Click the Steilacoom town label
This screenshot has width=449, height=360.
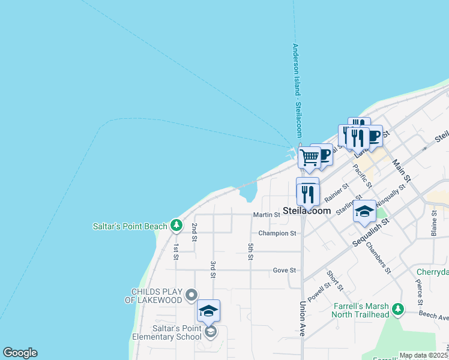point(307,211)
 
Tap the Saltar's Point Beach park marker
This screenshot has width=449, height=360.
point(176,226)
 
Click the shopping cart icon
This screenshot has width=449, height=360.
point(309,158)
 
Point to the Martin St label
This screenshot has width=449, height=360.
point(267,214)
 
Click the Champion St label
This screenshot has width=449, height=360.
point(277,233)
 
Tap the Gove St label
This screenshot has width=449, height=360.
point(285,270)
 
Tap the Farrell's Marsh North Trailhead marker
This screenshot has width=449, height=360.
point(397,310)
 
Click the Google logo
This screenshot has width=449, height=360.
point(20,353)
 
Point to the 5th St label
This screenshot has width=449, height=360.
point(250,252)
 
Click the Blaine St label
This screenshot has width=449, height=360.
point(434,226)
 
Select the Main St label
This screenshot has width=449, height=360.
point(401,170)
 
